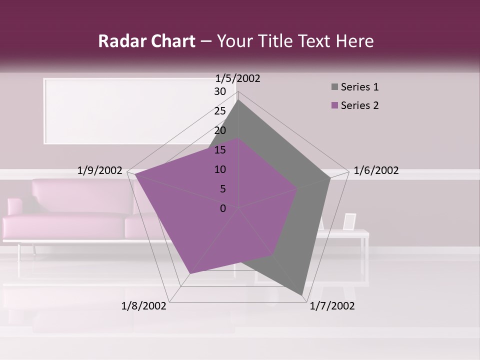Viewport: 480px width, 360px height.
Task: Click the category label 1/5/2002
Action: (238, 78)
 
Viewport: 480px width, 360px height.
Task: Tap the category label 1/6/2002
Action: (376, 170)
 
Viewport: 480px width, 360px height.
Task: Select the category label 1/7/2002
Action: (332, 306)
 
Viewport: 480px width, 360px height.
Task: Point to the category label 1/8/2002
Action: (144, 306)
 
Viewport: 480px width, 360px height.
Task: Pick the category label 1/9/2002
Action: (99, 170)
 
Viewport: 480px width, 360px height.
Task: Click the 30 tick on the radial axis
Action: (220, 91)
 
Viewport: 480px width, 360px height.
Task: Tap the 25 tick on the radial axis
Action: (220, 111)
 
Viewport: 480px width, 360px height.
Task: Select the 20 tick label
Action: (220, 130)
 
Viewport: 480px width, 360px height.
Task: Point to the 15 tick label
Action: (220, 150)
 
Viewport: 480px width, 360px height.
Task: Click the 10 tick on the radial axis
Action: (220, 169)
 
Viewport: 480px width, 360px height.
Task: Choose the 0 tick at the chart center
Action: (223, 208)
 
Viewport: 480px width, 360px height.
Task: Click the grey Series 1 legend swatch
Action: (334, 87)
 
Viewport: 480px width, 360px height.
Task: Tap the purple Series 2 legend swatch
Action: (334, 105)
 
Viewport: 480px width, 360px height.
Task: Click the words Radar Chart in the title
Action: (146, 41)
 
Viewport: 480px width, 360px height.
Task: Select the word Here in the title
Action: (354, 41)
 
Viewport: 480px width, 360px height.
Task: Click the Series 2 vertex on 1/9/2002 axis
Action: (135, 174)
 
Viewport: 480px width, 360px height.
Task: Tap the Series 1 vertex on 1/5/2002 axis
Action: (238, 100)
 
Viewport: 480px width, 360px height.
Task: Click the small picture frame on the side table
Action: (349, 221)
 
